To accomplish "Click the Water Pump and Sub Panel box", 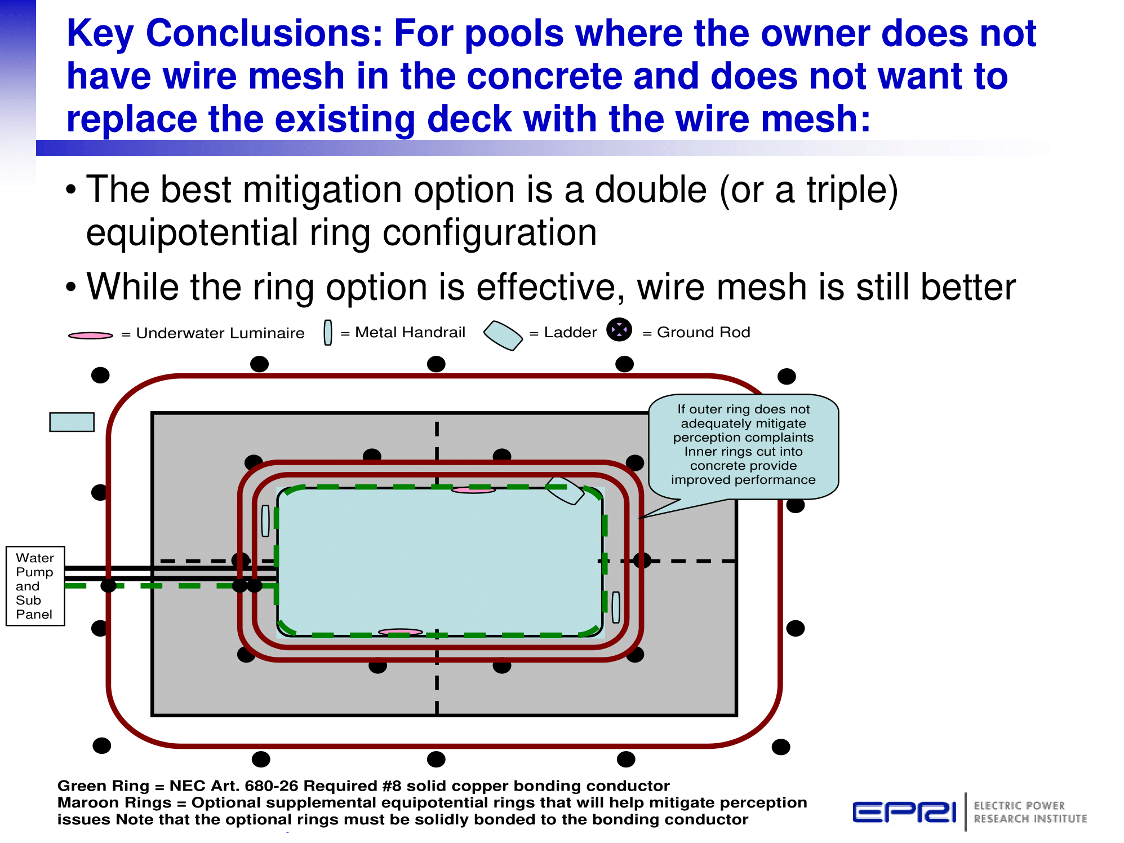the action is coord(35,586).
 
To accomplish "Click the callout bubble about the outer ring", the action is coord(743,446).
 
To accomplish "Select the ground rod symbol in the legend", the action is coord(619,330).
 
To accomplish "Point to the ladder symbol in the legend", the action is coord(503,335).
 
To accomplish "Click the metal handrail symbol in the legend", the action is coord(328,332).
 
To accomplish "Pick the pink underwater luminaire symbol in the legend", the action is coord(90,336).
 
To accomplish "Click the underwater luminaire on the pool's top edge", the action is coord(473,490).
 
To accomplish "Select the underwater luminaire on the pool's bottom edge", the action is coord(400,632).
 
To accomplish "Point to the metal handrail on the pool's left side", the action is coord(265,520).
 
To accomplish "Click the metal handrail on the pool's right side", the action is coord(616,607).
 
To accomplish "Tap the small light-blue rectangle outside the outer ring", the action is coord(72,422).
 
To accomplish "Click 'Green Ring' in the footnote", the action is coord(104,786).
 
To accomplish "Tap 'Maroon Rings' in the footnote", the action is coord(114,803).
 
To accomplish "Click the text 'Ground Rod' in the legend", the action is coord(704,333).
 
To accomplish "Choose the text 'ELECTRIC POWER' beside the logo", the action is coord(1019,806).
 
